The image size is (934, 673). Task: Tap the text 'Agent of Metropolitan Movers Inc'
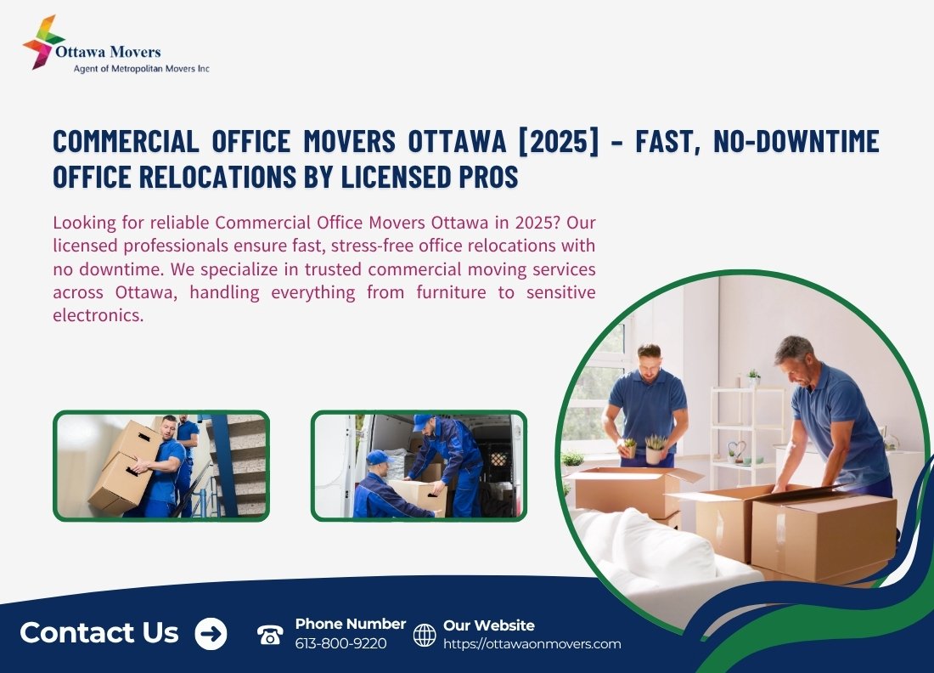(x=141, y=69)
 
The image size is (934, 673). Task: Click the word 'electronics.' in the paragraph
(x=98, y=315)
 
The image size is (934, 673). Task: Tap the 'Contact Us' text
(x=98, y=632)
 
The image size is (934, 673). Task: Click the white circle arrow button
(x=211, y=633)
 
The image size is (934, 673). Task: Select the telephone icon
(x=270, y=634)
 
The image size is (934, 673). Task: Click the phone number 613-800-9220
(x=340, y=644)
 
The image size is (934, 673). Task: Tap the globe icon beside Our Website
(x=425, y=635)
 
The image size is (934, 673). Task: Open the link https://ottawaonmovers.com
(x=532, y=644)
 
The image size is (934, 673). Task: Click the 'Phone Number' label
(x=350, y=624)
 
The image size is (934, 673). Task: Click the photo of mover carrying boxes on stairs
(x=161, y=466)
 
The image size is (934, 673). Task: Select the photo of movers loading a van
(x=419, y=466)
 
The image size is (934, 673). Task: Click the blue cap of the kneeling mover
(x=378, y=457)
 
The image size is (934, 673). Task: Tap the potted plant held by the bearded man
(x=655, y=449)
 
